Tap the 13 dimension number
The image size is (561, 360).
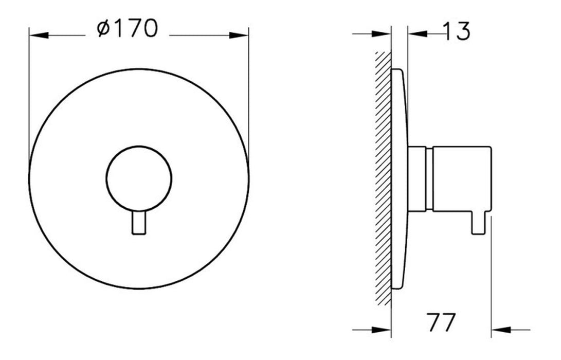[456, 31]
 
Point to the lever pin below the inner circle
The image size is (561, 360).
[139, 223]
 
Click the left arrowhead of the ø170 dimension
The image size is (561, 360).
[39, 35]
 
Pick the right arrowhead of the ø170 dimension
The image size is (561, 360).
[239, 35]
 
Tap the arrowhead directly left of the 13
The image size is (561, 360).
[418, 33]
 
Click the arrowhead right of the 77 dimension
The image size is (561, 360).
[501, 330]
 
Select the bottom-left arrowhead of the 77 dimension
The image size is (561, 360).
[382, 330]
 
